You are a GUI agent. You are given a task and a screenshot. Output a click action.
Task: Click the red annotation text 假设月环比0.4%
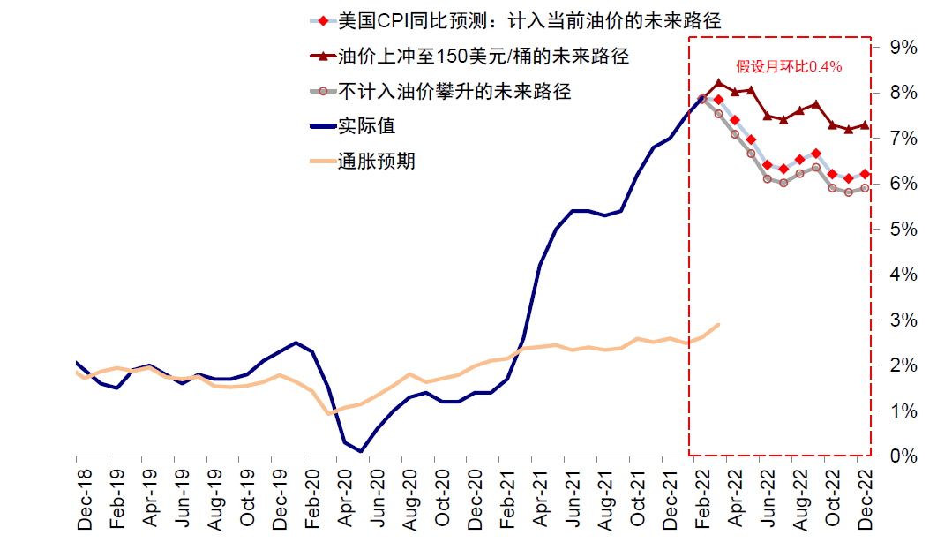(x=789, y=66)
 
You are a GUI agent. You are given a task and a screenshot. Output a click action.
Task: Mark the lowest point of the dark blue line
(x=361, y=451)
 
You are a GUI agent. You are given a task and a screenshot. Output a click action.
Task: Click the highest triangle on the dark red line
(x=718, y=84)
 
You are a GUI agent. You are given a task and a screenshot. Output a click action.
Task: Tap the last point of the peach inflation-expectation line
(x=718, y=324)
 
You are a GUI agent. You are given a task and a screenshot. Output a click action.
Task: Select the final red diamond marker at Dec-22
(x=865, y=174)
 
